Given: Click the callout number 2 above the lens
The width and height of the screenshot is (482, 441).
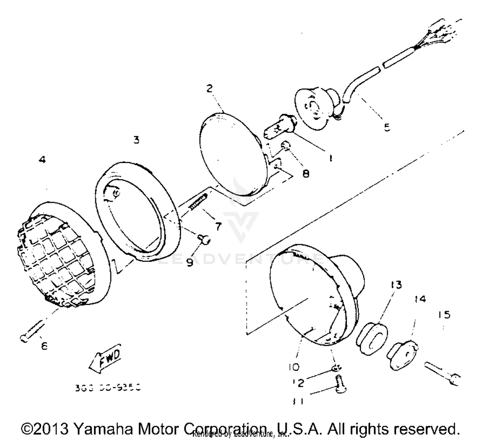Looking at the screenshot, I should tap(210, 89).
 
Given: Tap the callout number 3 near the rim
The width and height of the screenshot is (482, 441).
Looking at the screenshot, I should tap(137, 140).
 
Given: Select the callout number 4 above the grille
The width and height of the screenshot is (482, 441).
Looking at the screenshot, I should tap(42, 160).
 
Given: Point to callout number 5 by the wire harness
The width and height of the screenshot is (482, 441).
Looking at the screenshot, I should tap(387, 127).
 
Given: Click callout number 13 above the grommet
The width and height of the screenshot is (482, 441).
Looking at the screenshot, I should tap(396, 285).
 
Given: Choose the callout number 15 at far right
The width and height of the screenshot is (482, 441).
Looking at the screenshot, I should tap(444, 315).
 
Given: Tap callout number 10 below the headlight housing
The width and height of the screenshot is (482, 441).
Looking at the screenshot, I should tap(294, 367).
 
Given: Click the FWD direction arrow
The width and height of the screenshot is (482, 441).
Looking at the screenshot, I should tap(105, 358).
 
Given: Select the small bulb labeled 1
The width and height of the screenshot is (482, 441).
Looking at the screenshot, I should tap(278, 126).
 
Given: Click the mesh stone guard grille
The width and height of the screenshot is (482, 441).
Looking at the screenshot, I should tap(56, 260).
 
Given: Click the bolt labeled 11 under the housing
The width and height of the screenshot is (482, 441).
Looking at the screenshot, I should tap(339, 384).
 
